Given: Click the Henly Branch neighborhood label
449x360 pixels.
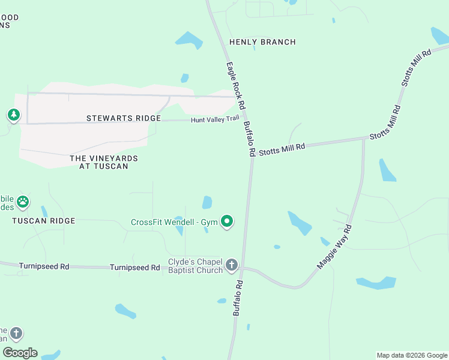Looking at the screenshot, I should (262, 42).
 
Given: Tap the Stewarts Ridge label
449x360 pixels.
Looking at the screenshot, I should (124, 118).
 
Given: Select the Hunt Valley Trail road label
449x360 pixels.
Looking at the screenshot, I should (215, 120).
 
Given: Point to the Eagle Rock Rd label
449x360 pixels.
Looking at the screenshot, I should (236, 86).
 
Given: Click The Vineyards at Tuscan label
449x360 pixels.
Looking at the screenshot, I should (104, 162).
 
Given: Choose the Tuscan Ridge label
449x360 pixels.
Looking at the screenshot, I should (44, 221).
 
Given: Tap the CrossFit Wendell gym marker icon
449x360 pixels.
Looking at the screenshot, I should (227, 222).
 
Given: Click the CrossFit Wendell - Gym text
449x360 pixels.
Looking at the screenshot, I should (174, 223).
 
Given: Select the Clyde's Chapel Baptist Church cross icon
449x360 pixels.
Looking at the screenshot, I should (232, 265).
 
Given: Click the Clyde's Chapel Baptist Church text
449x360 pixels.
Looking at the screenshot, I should (195, 266).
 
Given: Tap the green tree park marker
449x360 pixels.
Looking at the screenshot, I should (13, 115).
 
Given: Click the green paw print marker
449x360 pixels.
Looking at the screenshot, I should (23, 202).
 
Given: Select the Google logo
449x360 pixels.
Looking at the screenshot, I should (20, 353).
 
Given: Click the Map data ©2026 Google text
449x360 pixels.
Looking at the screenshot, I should (412, 355).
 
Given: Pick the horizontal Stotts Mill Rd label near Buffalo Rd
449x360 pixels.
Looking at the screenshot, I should (282, 149).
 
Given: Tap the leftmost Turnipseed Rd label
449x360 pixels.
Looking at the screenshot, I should (44, 266).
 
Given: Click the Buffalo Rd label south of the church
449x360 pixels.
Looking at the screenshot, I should (238, 298).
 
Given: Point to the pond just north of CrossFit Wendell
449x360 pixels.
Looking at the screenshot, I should (207, 202).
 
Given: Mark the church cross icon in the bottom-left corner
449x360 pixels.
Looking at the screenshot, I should (16, 332).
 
